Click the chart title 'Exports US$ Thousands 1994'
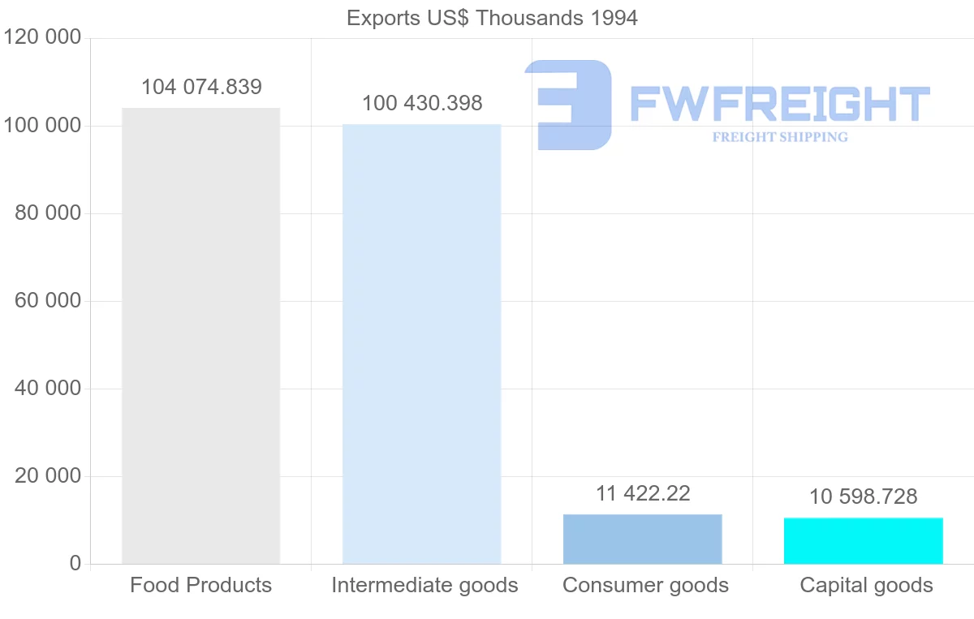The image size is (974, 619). pyautogui.click(x=492, y=18)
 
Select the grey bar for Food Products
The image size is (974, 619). pyautogui.click(x=200, y=336)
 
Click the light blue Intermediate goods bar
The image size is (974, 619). pyautogui.click(x=421, y=344)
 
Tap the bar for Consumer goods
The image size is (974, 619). pyautogui.click(x=642, y=539)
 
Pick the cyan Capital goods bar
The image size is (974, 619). pyautogui.click(x=863, y=540)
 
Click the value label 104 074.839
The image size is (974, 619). pyautogui.click(x=201, y=87)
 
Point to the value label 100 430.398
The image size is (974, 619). pyautogui.click(x=421, y=104)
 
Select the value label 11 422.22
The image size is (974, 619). pyautogui.click(x=643, y=493)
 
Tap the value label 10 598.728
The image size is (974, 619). pyautogui.click(x=863, y=496)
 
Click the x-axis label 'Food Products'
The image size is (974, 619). pyautogui.click(x=200, y=585)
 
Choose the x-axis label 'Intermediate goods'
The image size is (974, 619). pyautogui.click(x=425, y=585)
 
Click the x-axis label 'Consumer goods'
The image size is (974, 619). pyautogui.click(x=645, y=585)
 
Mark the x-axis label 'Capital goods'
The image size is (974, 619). pyautogui.click(x=866, y=585)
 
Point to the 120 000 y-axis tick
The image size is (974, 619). pyautogui.click(x=42, y=37)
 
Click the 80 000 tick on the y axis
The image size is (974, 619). pyautogui.click(x=48, y=213)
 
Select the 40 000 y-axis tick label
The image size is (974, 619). pyautogui.click(x=48, y=389)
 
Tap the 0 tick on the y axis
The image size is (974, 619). pyautogui.click(x=75, y=563)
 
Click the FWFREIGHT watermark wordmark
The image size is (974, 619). pyautogui.click(x=779, y=104)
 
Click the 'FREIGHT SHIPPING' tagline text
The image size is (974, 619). pyautogui.click(x=779, y=137)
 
